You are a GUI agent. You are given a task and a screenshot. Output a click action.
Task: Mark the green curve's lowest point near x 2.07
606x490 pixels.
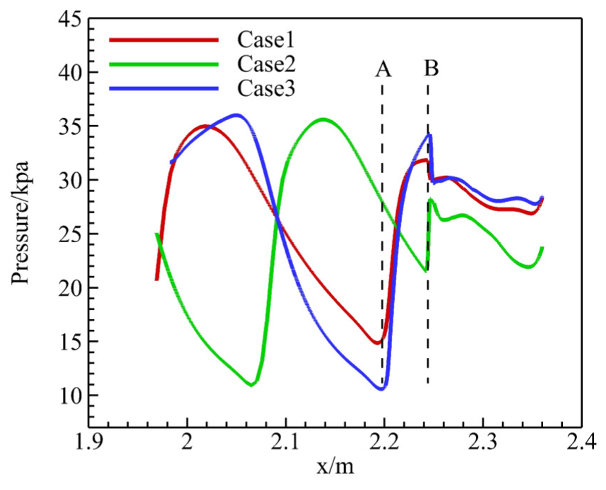(251, 384)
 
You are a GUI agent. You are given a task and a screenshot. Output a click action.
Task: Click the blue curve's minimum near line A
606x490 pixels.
(381, 388)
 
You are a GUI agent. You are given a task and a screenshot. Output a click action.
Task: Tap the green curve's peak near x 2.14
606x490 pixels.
(323, 119)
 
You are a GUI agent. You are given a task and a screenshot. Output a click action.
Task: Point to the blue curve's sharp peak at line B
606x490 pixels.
(429, 135)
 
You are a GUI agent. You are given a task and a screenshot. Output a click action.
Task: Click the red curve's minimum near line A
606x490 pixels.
(377, 343)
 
